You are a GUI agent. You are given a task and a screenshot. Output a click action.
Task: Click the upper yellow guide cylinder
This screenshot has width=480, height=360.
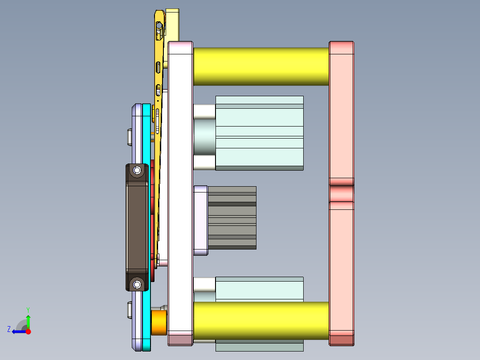click(x=260, y=66)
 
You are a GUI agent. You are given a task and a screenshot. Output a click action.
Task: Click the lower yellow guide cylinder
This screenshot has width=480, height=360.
click(x=260, y=320)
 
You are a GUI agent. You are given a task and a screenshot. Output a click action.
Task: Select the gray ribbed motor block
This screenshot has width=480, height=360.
click(x=232, y=217)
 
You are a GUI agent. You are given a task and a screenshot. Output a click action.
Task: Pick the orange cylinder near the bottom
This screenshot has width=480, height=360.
click(x=159, y=323)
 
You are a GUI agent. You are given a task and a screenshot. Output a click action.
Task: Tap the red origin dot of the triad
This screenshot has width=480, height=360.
click(x=28, y=331)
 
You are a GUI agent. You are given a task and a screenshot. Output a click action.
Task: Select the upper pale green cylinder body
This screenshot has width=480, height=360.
click(x=259, y=133)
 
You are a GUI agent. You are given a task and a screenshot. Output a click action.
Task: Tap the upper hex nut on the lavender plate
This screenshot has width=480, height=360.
click(x=129, y=137)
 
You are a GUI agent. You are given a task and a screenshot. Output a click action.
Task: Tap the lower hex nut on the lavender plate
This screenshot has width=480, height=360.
click(x=129, y=310)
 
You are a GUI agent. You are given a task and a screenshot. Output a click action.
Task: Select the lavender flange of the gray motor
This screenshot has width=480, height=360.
click(x=201, y=221)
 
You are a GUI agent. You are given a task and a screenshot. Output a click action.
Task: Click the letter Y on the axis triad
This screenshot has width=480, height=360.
click(x=28, y=309)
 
